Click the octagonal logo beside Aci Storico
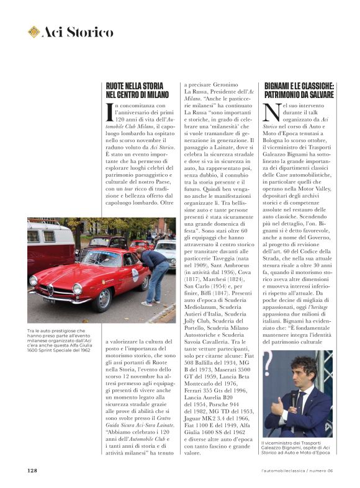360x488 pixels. pyautogui.click(x=34, y=32)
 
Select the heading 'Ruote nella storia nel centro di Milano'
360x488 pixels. pyautogui.click(x=135, y=91)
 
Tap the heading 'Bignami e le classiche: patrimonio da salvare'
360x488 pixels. pyautogui.click(x=299, y=91)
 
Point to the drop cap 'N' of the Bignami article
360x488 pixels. pyautogui.click(x=271, y=113)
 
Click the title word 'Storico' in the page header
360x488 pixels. pyautogui.click(x=90, y=32)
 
